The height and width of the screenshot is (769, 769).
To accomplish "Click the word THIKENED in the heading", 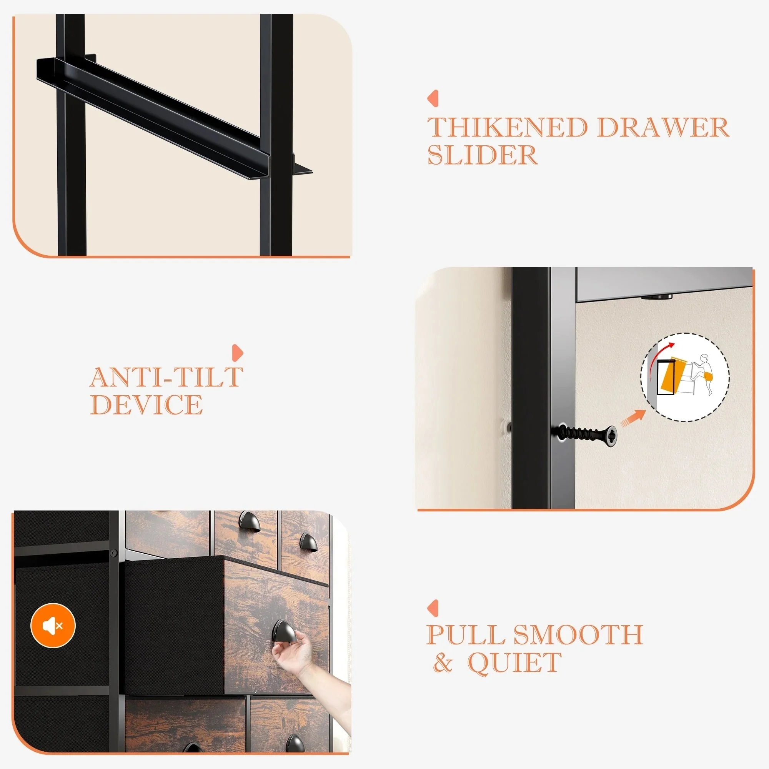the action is pyautogui.click(x=508, y=127).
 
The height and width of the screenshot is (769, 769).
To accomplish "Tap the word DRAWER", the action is pyautogui.click(x=663, y=127).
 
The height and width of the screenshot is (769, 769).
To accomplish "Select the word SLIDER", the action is pyautogui.click(x=483, y=155).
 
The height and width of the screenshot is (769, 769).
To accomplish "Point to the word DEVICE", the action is pyautogui.click(x=146, y=404).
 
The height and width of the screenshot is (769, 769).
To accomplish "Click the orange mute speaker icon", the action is pyautogui.click(x=53, y=626).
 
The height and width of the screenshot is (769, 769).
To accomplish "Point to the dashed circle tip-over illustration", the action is pyautogui.click(x=685, y=377).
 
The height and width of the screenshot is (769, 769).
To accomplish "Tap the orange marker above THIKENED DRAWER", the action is pyautogui.click(x=433, y=98).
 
